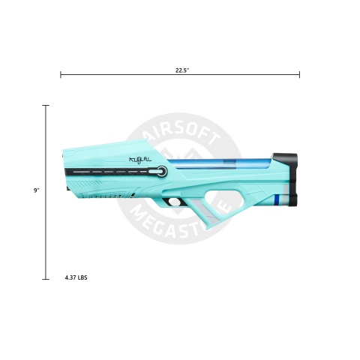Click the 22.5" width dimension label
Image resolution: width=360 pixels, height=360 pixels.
[x=180, y=70]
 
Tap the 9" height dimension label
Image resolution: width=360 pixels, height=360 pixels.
[x=37, y=191]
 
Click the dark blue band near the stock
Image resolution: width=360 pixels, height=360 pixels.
[x=278, y=199]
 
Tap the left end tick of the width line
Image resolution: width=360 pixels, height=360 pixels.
[x=61, y=75]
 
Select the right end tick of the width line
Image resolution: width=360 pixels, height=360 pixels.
[x=299, y=75]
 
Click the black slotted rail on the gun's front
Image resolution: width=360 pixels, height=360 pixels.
[x=112, y=172]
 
